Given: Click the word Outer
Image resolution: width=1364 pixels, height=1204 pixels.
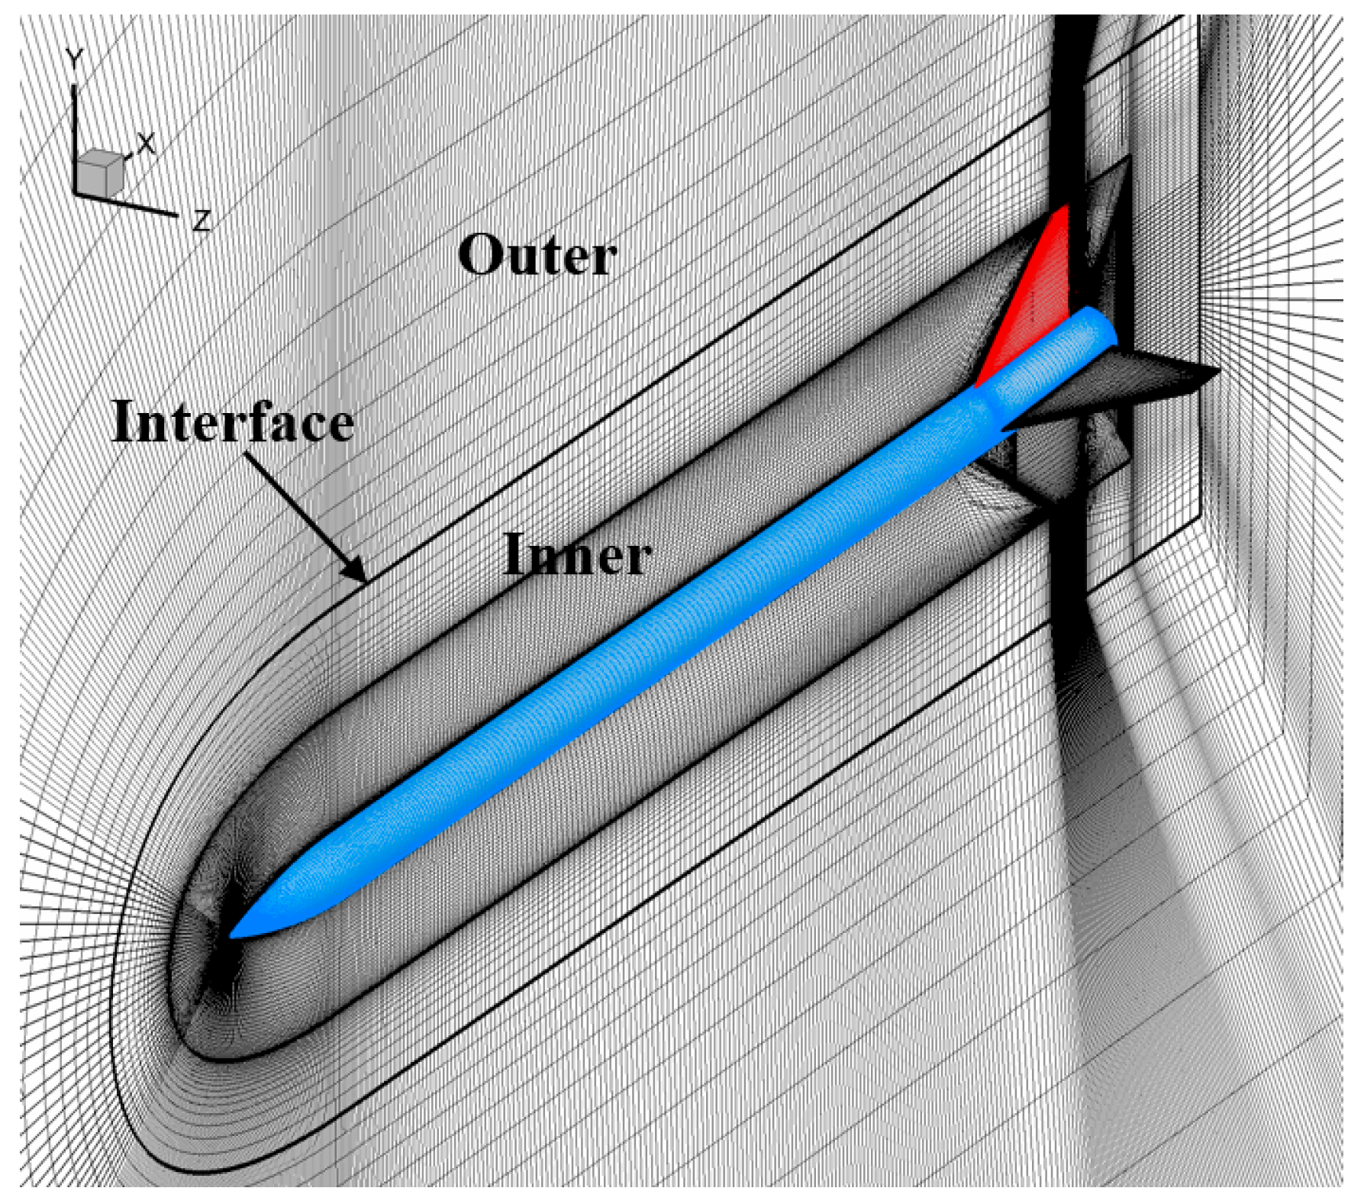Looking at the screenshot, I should tap(537, 256).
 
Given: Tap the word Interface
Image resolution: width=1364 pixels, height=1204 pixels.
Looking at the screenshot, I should tap(232, 421).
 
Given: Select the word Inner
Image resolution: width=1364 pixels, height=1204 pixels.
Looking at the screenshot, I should tap(577, 555).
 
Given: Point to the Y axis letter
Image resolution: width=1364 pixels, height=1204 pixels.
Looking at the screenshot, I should tap(73, 59).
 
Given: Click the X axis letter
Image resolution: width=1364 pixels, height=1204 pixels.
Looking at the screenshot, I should tap(145, 143).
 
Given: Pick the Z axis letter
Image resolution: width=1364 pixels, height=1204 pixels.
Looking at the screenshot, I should tap(201, 221).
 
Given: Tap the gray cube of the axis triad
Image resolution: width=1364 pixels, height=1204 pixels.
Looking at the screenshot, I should tap(99, 172).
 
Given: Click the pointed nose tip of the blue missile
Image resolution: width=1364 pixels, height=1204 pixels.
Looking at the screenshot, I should tap(232, 935).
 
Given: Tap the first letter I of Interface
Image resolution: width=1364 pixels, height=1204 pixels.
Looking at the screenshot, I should tap(122, 421).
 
